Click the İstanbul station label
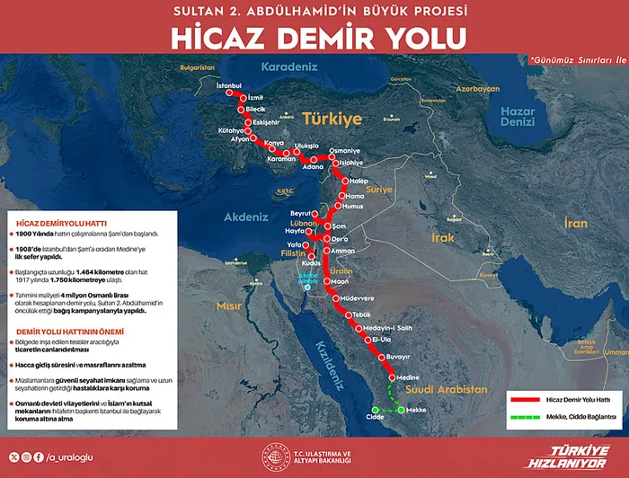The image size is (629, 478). [x=230, y=85]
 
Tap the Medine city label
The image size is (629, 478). [x=409, y=377]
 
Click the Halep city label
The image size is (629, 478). [x=359, y=180]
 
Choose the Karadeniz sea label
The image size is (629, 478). [x=290, y=66]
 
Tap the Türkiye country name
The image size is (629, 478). [x=332, y=118]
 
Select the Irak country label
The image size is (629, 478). [x=443, y=237]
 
